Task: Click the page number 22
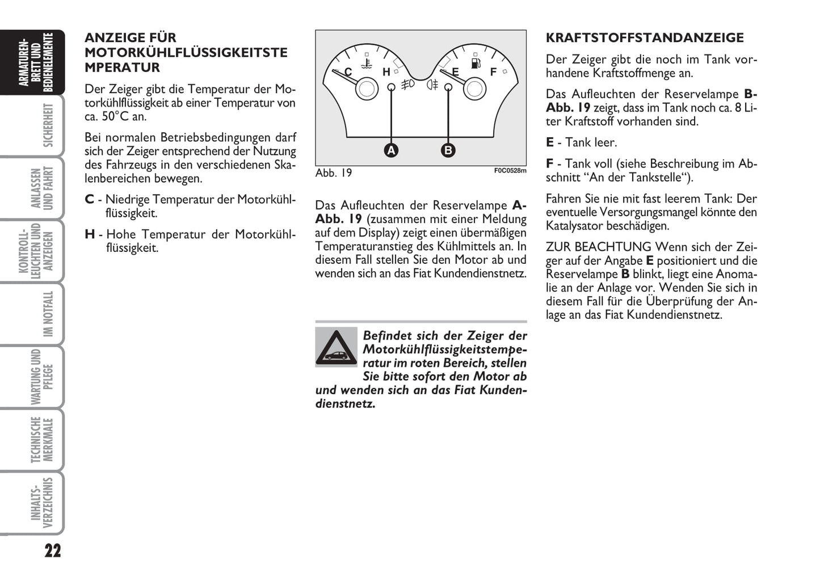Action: (52, 551)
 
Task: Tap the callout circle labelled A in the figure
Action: (391, 150)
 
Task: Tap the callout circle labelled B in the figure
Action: (448, 150)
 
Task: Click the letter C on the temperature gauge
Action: (348, 72)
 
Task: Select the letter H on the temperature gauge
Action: (386, 72)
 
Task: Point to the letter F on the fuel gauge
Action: (493, 71)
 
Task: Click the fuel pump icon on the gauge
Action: (476, 62)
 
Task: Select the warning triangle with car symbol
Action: (336, 347)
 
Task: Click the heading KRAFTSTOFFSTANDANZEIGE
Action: (645, 38)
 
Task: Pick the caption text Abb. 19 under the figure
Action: (334, 173)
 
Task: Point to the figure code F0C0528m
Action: (510, 170)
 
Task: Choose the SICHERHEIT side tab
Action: (48, 125)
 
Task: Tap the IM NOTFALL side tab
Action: (48, 314)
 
